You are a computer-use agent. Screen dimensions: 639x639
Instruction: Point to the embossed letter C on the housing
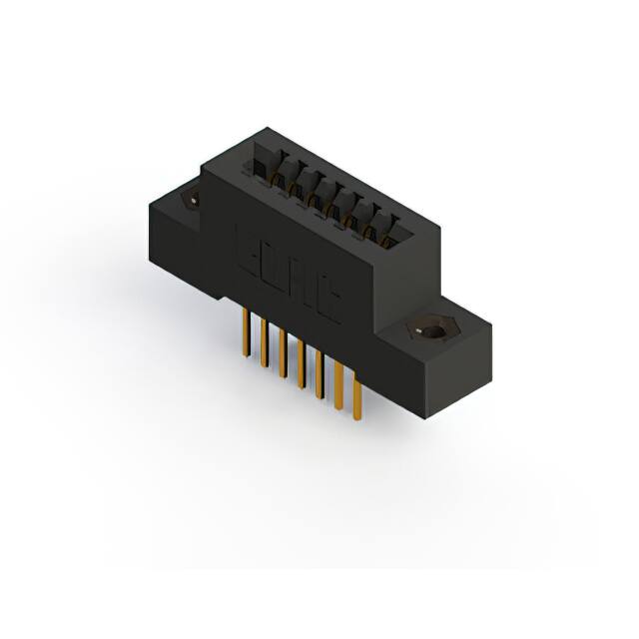[328, 302]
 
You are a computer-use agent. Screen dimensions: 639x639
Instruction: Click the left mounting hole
[191, 201]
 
